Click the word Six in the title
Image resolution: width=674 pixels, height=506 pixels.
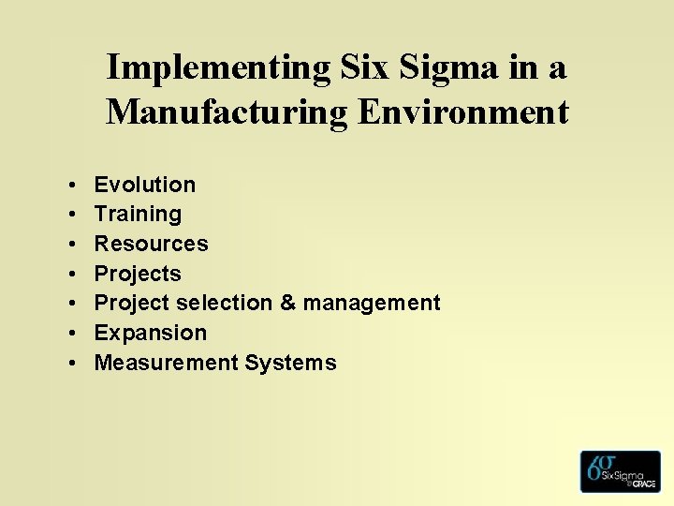click(x=364, y=68)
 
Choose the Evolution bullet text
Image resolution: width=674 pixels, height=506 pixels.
click(x=145, y=185)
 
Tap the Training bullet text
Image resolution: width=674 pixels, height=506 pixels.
click(x=138, y=214)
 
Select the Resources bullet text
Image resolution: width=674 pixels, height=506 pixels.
click(x=151, y=244)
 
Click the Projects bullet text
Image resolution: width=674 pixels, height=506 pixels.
click(x=138, y=274)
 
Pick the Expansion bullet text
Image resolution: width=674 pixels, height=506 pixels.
click(x=151, y=333)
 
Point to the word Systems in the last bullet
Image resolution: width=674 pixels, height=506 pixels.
click(x=290, y=363)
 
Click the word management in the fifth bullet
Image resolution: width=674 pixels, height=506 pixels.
click(x=371, y=304)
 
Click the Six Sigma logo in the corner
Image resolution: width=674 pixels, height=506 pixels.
click(x=620, y=471)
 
